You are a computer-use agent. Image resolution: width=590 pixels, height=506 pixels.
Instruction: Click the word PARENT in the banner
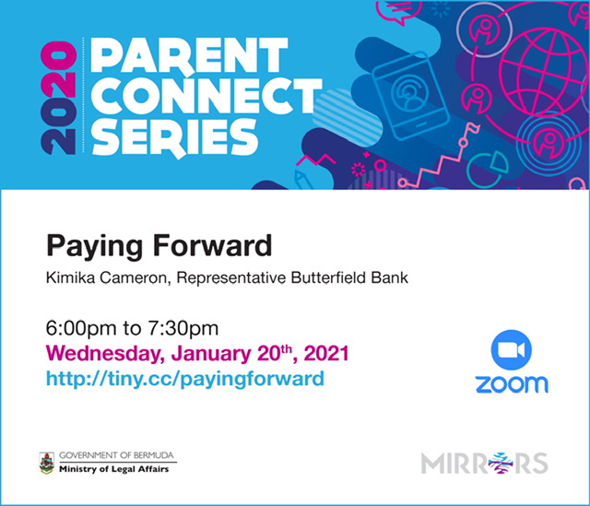(189, 56)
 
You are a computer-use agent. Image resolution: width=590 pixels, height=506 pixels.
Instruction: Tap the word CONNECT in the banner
(206, 96)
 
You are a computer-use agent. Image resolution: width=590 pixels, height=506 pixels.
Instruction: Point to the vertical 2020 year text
(58, 98)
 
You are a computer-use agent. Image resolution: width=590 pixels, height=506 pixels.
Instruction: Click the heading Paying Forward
(159, 246)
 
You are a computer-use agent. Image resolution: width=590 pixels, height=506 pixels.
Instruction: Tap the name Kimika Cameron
(106, 278)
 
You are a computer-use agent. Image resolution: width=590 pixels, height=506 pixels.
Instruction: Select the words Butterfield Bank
(349, 277)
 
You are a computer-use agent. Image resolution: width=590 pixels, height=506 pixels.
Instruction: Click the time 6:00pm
(81, 328)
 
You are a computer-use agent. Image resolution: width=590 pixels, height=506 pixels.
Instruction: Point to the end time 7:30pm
(183, 328)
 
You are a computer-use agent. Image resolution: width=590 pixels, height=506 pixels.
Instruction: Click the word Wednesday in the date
(105, 354)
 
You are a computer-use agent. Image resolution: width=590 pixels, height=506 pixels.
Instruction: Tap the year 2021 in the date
(326, 353)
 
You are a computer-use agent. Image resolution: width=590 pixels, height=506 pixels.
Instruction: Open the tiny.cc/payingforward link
(184, 379)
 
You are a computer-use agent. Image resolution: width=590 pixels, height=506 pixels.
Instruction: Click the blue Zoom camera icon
(512, 350)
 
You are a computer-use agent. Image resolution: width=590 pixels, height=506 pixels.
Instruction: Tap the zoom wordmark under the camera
(512, 384)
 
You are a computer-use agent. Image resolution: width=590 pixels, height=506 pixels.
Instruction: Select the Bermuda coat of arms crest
(47, 463)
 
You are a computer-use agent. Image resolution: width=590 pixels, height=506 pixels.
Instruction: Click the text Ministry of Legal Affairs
(114, 469)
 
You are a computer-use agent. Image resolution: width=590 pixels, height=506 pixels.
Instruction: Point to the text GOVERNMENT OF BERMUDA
(116, 455)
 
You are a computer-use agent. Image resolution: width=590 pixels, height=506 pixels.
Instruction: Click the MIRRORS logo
(485, 463)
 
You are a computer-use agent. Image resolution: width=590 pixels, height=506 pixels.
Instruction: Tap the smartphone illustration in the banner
(411, 96)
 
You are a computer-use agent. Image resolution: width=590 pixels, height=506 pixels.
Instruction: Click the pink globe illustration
(542, 74)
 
